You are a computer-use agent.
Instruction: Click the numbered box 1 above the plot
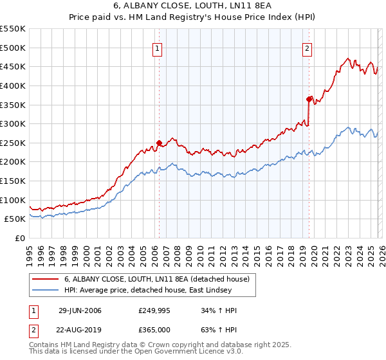[x=158, y=48]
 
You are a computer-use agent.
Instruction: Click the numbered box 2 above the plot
[x=308, y=48]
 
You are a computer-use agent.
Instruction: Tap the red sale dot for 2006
[x=159, y=143]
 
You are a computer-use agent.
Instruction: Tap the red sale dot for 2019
[x=309, y=99]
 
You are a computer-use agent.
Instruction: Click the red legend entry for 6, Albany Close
[x=160, y=279]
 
